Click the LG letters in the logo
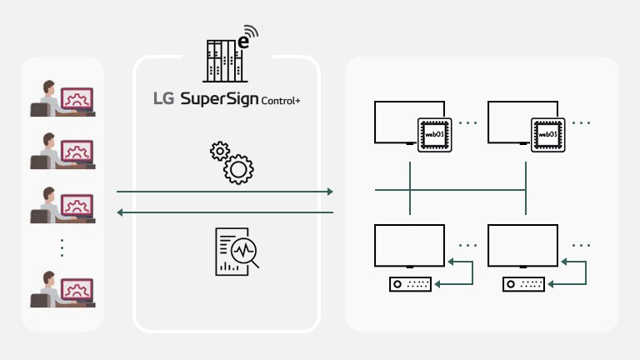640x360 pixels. [x=163, y=101]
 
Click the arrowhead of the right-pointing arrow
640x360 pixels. [x=329, y=192]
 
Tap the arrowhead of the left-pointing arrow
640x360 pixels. [x=121, y=212]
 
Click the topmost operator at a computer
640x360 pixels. [x=62, y=97]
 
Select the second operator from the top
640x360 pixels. [x=62, y=151]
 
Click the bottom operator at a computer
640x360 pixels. [x=62, y=287]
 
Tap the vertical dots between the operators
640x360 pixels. [x=62, y=247]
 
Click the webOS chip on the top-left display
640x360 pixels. [x=433, y=133]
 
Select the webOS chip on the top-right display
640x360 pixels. [x=547, y=133]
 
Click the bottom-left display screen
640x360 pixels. [x=410, y=243]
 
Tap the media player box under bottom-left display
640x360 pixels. [x=410, y=284]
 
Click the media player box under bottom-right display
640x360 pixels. [x=524, y=284]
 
